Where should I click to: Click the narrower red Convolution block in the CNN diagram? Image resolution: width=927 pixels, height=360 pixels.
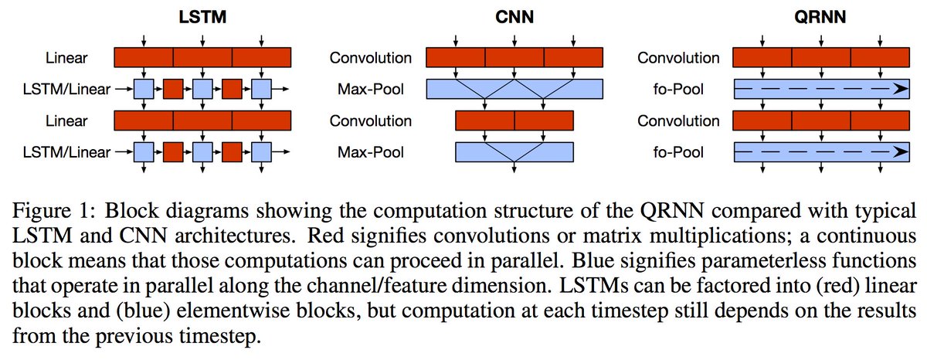pos(514,121)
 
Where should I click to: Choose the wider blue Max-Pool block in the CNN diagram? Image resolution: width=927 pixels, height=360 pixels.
pos(514,89)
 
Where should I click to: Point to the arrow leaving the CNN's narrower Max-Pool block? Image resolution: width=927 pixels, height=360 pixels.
pos(514,170)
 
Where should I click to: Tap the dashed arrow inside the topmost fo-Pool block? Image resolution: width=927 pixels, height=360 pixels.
pos(820,89)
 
